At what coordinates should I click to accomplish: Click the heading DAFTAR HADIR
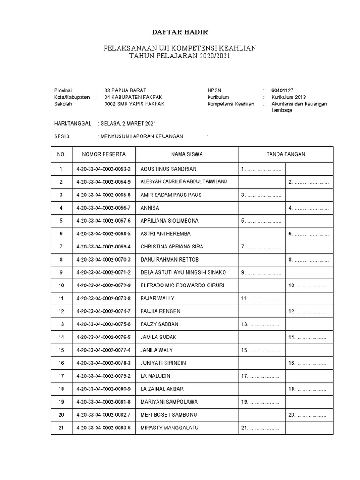(180, 32)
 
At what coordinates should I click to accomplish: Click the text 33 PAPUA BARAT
(125, 90)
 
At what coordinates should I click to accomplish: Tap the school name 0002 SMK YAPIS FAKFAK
(135, 104)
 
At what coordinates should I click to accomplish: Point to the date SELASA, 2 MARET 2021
(127, 123)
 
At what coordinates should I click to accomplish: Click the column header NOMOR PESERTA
(104, 154)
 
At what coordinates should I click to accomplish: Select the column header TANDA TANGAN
(285, 154)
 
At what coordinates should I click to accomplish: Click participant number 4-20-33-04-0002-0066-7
(104, 208)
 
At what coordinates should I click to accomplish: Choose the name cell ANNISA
(150, 208)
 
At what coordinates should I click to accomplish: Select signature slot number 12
(308, 311)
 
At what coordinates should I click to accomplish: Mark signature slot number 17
(260, 376)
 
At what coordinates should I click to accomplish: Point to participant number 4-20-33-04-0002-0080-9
(104, 389)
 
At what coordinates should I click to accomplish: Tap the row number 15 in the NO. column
(60, 350)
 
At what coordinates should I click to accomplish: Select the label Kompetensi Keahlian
(231, 104)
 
